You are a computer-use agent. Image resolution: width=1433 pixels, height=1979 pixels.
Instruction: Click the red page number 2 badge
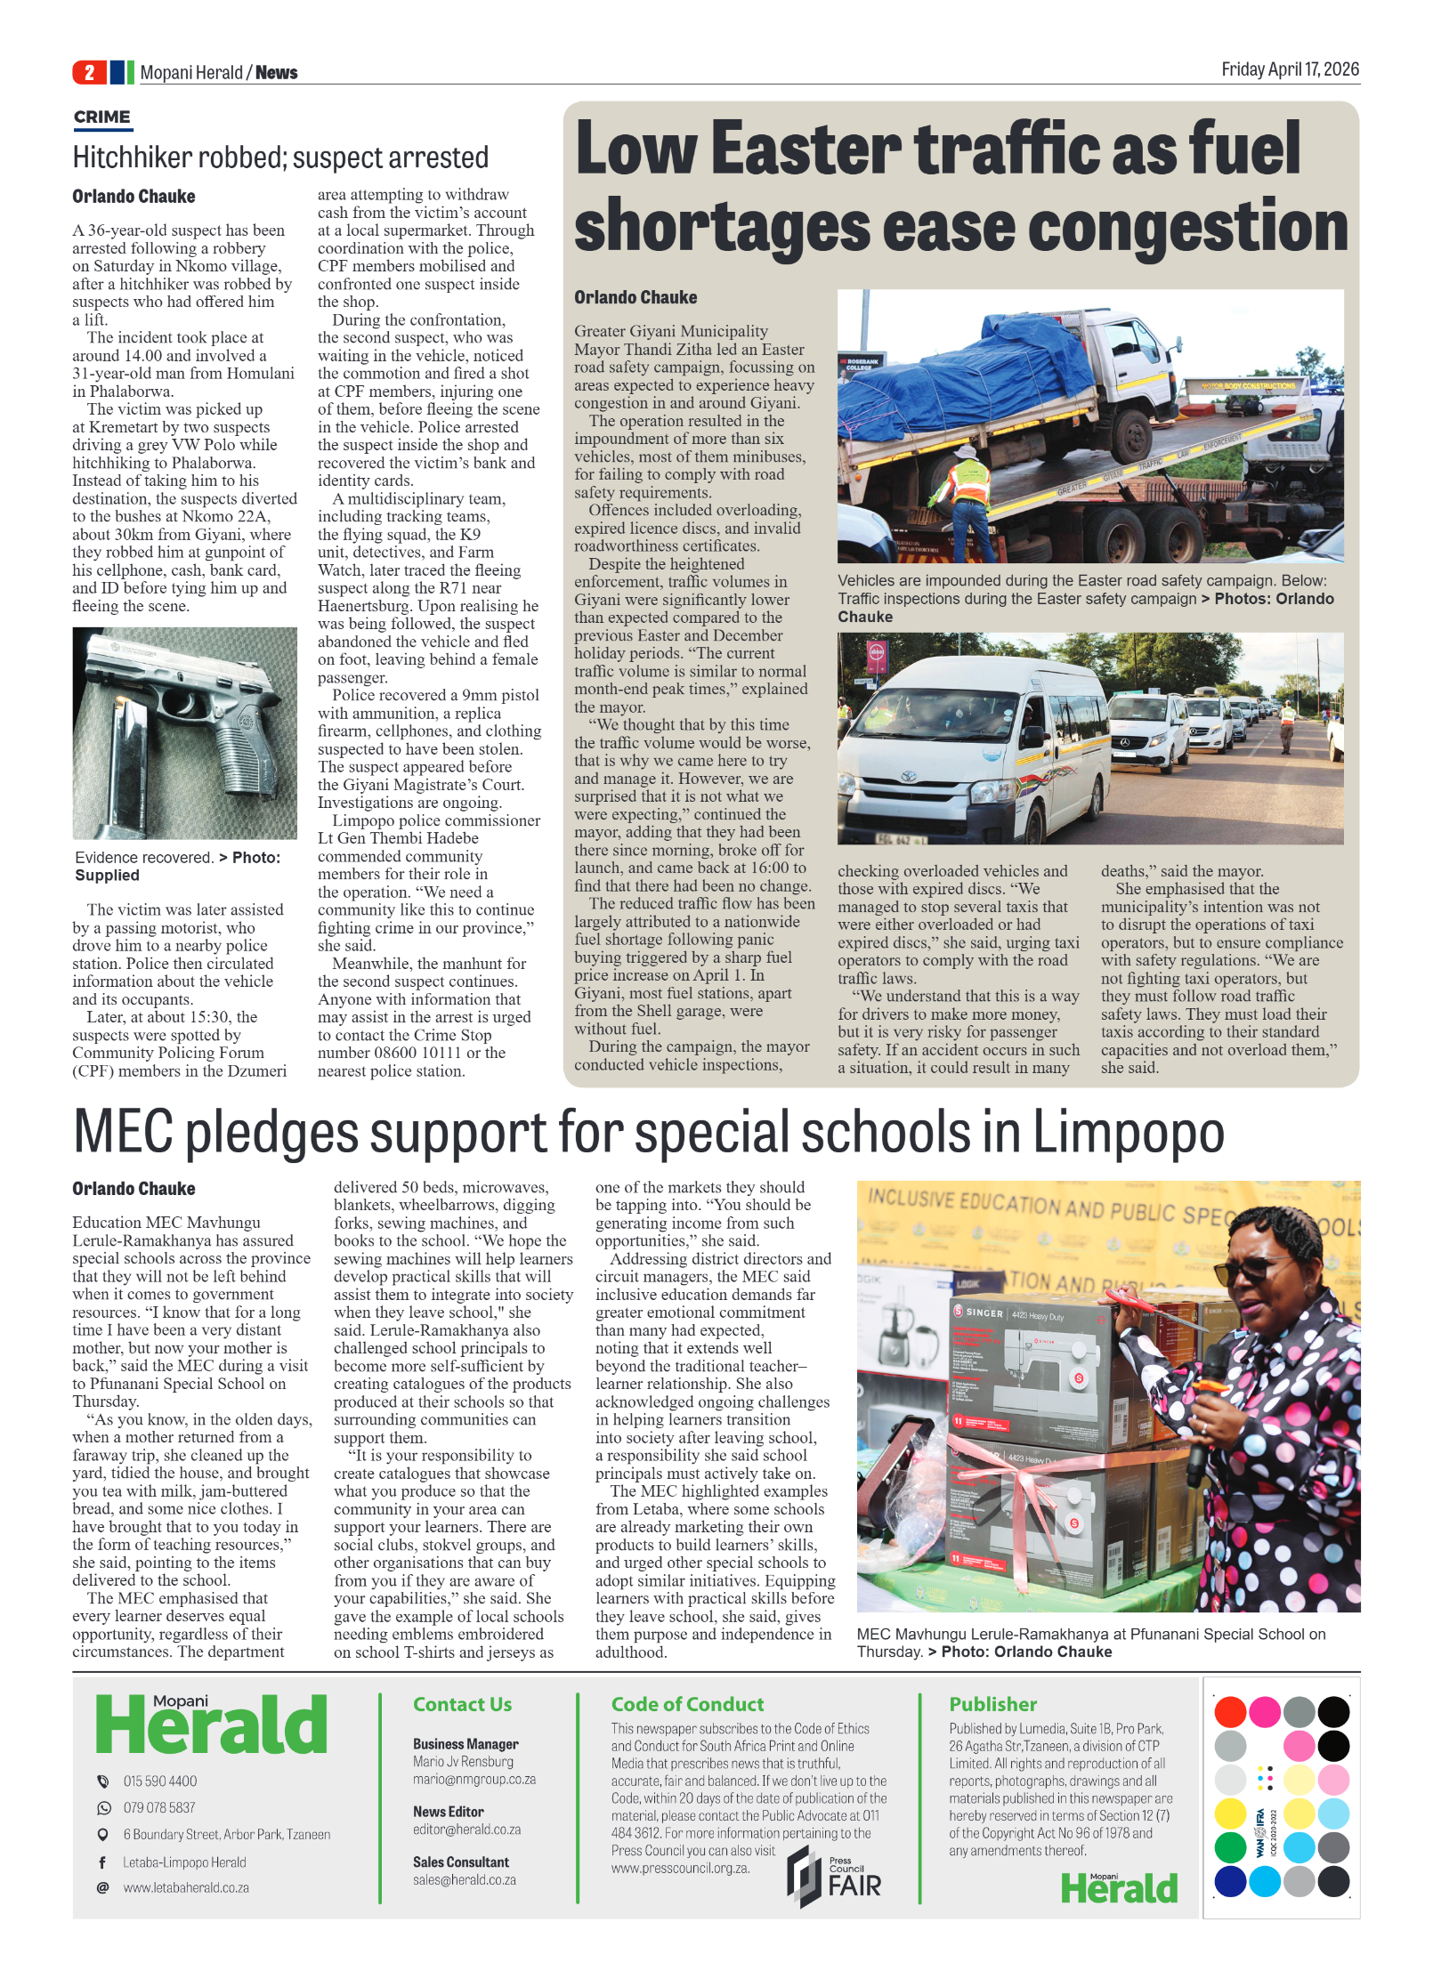tap(89, 72)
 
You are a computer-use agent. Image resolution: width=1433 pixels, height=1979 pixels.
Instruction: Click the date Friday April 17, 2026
tap(1289, 69)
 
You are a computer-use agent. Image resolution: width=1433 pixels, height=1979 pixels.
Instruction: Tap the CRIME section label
tap(101, 117)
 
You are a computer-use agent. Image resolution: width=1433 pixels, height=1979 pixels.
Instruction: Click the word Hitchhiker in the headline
tap(132, 158)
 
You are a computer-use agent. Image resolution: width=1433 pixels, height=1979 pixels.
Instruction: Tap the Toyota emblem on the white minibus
tap(908, 777)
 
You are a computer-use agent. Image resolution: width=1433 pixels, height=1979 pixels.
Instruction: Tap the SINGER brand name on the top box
tap(984, 1313)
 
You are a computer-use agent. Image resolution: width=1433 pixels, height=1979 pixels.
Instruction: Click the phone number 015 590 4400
tap(160, 1781)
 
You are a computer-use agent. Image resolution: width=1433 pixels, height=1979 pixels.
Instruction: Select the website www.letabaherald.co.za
tap(186, 1887)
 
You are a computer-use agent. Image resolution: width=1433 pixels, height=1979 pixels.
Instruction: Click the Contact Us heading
tap(462, 1704)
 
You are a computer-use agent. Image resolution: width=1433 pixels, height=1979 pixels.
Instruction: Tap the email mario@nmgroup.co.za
tap(474, 1780)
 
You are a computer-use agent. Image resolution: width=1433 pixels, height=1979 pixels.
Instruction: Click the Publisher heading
tap(992, 1704)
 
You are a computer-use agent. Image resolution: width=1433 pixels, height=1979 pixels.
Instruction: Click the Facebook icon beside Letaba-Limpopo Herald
tap(102, 1862)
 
